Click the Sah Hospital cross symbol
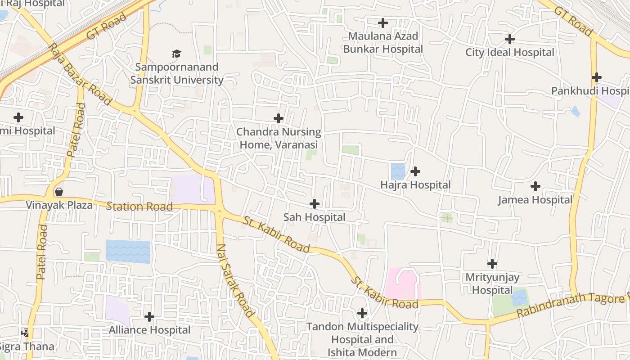click(x=315, y=204)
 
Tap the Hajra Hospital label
click(x=415, y=185)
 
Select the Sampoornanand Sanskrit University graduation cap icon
click(x=176, y=54)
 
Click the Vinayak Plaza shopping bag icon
click(x=58, y=192)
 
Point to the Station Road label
click(x=139, y=207)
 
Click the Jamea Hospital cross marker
click(x=535, y=186)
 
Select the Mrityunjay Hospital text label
click(x=492, y=284)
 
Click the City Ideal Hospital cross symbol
click(x=510, y=39)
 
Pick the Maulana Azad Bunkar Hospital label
click(x=383, y=42)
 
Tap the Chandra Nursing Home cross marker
click(x=279, y=118)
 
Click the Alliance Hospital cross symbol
click(x=149, y=317)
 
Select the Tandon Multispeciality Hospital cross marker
click(x=362, y=313)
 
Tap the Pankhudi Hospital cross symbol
click(x=597, y=77)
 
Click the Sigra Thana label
click(x=27, y=347)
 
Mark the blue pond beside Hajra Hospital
click(x=398, y=171)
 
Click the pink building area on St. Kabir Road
click(x=402, y=283)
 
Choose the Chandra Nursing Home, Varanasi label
click(x=279, y=138)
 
